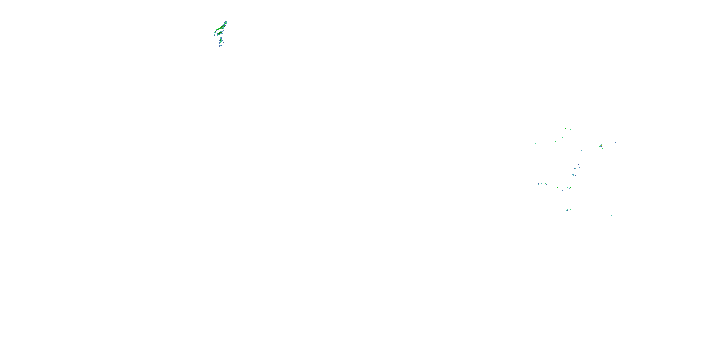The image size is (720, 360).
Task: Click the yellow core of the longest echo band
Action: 222,27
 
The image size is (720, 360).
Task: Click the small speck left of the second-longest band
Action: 215,35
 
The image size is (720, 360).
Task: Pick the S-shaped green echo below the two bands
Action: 221,41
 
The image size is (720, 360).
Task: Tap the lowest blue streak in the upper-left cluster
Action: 220,46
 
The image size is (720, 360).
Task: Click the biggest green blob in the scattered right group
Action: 601,146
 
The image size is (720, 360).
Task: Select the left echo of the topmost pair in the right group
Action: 565,129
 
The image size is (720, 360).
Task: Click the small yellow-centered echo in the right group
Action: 573,175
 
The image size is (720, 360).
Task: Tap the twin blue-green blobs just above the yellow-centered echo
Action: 576,168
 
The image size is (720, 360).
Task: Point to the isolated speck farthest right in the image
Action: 678,175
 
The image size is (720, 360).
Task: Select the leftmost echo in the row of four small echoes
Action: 538,184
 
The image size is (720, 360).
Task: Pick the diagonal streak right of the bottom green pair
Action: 615,204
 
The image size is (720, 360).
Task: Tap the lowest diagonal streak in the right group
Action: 611,215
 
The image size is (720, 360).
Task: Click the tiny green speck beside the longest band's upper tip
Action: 228,24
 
